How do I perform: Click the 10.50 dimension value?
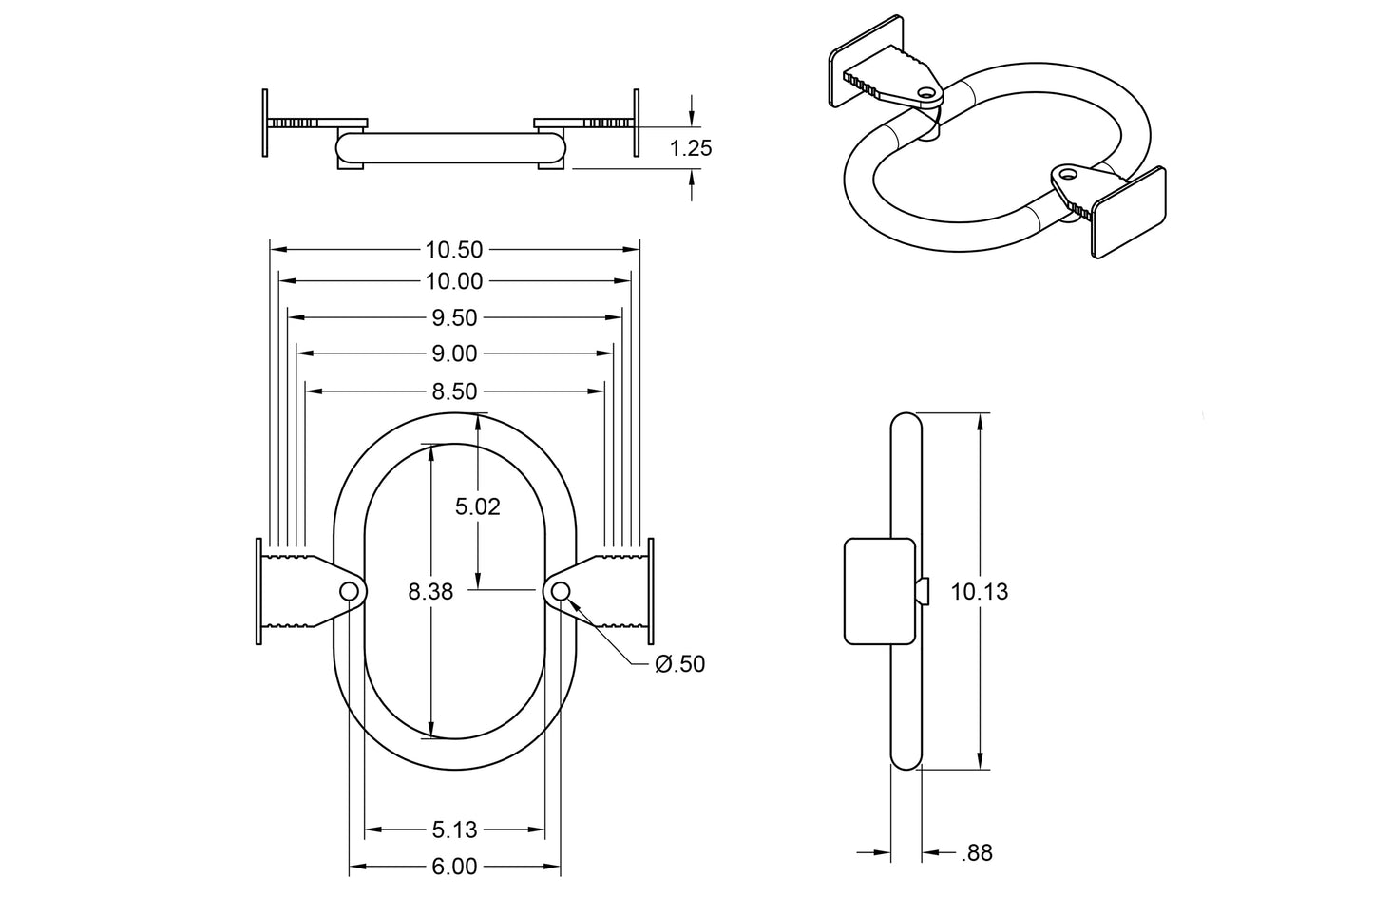pyautogui.click(x=454, y=250)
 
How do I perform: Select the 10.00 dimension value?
pyautogui.click(x=454, y=281)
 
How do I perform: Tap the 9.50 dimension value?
pyautogui.click(x=454, y=317)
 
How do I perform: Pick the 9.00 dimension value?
pyautogui.click(x=454, y=353)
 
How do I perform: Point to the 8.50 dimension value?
pyautogui.click(x=454, y=391)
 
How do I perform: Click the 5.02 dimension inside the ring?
pyautogui.click(x=477, y=506)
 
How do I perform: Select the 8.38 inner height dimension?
pyautogui.click(x=430, y=591)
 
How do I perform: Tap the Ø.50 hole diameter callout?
pyautogui.click(x=680, y=664)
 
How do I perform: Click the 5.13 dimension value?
pyautogui.click(x=454, y=830)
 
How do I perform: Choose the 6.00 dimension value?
pyautogui.click(x=454, y=867)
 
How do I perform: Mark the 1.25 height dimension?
pyautogui.click(x=691, y=148)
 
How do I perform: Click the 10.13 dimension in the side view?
pyautogui.click(x=979, y=591)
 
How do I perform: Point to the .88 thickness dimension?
pyautogui.click(x=976, y=853)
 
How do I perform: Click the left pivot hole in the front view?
pyautogui.click(x=350, y=592)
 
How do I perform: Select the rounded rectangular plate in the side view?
pyautogui.click(x=880, y=591)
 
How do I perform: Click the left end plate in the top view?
pyautogui.click(x=264, y=123)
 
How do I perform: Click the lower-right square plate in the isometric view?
pyautogui.click(x=1128, y=213)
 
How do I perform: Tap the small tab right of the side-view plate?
pyautogui.click(x=923, y=591)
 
